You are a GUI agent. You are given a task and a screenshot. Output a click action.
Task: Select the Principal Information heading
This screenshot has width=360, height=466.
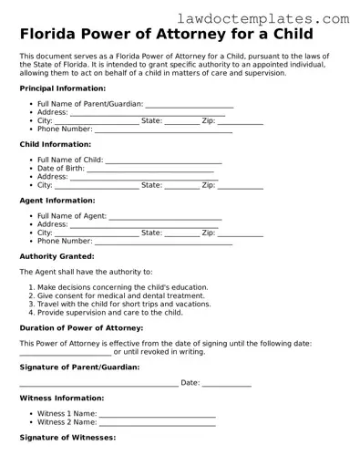[x=62, y=88]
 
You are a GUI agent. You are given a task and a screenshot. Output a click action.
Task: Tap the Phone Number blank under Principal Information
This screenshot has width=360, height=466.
[x=163, y=129]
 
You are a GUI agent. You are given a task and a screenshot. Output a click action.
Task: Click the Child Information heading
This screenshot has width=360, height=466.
[x=55, y=144]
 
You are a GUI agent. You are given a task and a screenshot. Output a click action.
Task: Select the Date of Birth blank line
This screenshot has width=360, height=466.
[x=149, y=169]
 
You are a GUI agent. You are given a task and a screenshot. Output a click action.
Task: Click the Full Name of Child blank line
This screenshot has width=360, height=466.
[x=164, y=161]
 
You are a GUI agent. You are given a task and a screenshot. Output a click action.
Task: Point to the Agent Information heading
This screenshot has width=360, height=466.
[x=57, y=200]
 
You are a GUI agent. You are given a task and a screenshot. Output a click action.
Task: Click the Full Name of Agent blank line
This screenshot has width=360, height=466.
[x=165, y=216]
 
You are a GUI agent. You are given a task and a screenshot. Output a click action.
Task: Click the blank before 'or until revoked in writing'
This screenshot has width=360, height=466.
[x=65, y=352]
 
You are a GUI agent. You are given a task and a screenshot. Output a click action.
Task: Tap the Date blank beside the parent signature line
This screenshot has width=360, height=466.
[x=226, y=384]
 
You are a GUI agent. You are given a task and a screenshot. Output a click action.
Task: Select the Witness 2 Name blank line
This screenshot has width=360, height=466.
[x=157, y=423]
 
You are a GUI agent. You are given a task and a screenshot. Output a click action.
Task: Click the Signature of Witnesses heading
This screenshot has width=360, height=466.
[x=67, y=438]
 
